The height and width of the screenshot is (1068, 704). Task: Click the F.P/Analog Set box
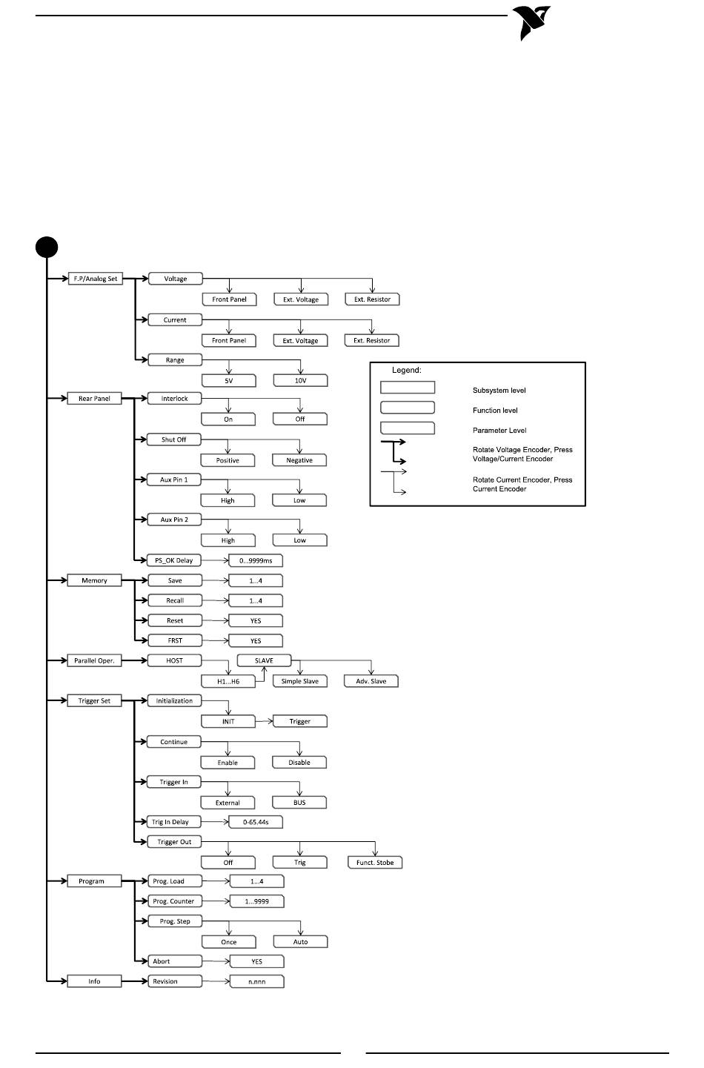96,279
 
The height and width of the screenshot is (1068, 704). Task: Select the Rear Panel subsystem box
94,398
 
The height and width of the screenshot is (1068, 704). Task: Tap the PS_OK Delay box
174,560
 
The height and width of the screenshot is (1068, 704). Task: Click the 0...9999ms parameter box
256,561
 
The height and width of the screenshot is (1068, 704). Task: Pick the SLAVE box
264,660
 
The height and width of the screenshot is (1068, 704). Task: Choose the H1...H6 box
228,681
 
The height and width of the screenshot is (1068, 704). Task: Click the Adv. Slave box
371,681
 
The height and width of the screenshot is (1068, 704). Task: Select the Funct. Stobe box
375,862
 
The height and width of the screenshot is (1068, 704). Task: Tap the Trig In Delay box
174,821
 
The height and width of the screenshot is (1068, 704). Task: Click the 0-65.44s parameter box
256,822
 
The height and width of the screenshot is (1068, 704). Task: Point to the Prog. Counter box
175,901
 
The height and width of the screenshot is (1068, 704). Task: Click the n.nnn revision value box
257,981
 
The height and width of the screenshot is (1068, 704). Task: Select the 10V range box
301,380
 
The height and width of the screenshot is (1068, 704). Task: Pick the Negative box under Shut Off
299,460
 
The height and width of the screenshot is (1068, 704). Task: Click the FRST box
175,640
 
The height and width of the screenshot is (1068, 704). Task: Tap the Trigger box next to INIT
300,721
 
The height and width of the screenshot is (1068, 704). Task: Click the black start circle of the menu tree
47,247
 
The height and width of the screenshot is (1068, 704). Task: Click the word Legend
407,370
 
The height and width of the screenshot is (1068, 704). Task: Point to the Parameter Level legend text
499,430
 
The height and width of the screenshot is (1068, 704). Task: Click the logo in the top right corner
532,22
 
